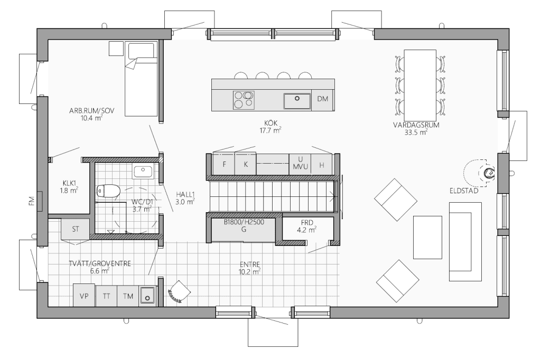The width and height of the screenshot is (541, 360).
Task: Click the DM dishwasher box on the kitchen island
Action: click(x=323, y=99)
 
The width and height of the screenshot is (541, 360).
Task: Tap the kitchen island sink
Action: click(x=297, y=101)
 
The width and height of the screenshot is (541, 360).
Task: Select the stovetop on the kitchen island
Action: click(x=244, y=100)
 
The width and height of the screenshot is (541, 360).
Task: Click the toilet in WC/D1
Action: click(x=108, y=191)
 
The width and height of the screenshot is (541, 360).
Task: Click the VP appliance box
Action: click(x=84, y=296)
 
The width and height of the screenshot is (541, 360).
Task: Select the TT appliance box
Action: click(x=106, y=296)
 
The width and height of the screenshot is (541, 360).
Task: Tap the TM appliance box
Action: click(x=128, y=296)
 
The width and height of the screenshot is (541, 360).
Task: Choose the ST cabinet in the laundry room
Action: click(x=76, y=229)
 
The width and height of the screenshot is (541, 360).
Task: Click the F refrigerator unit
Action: click(x=224, y=164)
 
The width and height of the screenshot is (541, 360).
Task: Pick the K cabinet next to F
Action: click(x=246, y=164)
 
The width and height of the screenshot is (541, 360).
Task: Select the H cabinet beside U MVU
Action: click(x=322, y=165)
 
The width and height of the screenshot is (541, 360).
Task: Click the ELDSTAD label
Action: click(x=464, y=191)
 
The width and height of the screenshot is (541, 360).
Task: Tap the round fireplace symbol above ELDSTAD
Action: click(x=489, y=174)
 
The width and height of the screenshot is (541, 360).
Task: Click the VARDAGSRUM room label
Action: click(x=416, y=125)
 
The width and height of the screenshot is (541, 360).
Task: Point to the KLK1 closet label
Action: click(x=69, y=183)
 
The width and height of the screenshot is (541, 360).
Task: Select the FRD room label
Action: click(x=307, y=223)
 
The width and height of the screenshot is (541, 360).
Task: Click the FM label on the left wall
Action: click(x=32, y=201)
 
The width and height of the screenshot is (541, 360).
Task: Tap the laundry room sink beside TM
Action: click(x=147, y=296)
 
